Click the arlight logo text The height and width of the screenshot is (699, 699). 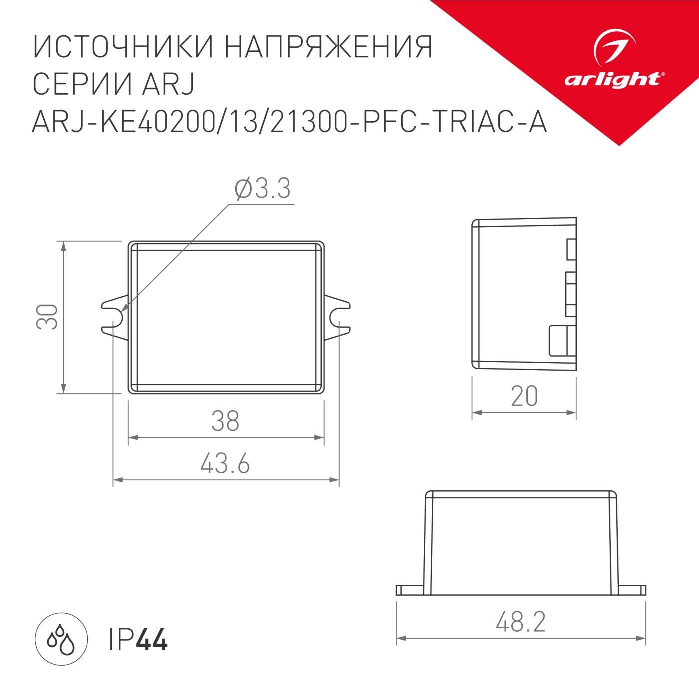click(x=614, y=80)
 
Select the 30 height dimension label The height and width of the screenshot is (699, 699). click(x=47, y=316)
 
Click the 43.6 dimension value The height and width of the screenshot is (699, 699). click(x=225, y=464)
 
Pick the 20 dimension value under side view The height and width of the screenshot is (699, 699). click(x=524, y=397)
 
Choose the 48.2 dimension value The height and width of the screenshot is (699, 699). click(x=521, y=622)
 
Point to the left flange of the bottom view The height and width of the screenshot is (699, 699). click(x=410, y=590)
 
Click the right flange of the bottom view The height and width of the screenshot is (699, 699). click(x=632, y=590)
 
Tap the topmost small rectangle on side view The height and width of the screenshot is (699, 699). click(x=571, y=249)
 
